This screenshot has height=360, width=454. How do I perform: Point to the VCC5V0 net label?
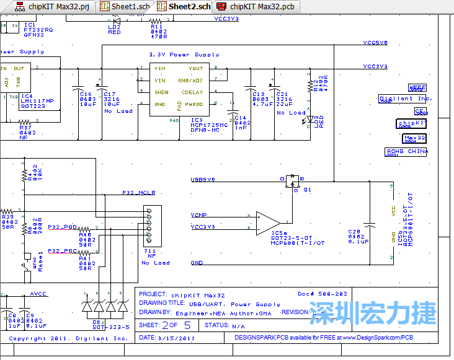tap(375, 43)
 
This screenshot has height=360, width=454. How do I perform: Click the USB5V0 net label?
tap(203, 180)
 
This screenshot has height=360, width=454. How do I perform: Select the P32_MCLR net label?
tap(137, 193)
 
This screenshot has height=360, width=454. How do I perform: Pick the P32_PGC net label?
tap(62, 251)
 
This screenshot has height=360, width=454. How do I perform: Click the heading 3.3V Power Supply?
tap(176, 55)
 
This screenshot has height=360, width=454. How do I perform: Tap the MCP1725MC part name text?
tap(205, 125)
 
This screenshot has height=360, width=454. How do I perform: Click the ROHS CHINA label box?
tap(406, 151)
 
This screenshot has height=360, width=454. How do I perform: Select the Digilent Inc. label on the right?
tap(405, 99)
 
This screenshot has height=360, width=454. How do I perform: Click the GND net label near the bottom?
tap(197, 263)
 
